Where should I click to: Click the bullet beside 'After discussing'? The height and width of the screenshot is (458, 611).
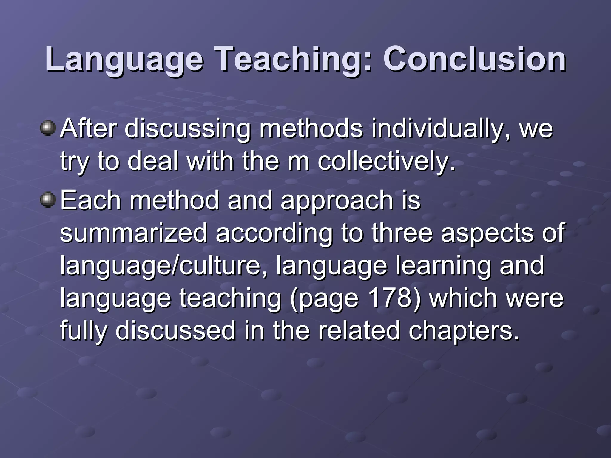48,128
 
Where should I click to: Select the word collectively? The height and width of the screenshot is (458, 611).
387,161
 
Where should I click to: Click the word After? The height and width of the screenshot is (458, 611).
88,129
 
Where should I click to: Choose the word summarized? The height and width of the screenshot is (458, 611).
133,233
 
